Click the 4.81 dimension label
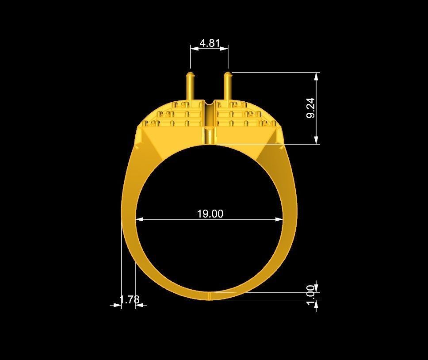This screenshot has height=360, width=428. pos(210,43)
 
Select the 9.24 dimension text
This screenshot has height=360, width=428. pos(310,108)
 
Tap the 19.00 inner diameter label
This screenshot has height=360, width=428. pos(210,214)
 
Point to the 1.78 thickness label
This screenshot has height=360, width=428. pos(129,299)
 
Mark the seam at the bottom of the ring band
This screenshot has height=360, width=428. pos(209,295)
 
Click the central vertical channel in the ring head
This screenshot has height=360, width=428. pos(209,114)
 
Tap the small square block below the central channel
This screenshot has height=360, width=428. pos(209,135)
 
